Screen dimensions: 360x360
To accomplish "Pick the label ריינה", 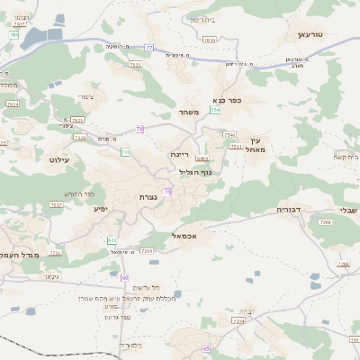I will pyautogui.click(x=181, y=154).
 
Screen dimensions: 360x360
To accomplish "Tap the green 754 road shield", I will pyautogui.click(x=215, y=110).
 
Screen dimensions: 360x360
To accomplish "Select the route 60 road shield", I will pyautogui.click(x=125, y=277).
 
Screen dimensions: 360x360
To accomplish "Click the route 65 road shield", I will pyautogui.click(x=205, y=348).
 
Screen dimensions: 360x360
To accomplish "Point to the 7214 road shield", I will pyautogui.click(x=238, y=320).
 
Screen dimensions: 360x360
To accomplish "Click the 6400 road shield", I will pyautogui.click(x=202, y=158).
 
